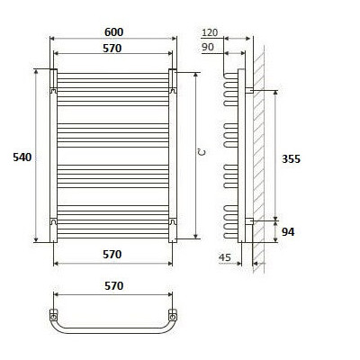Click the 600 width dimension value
click(113, 32)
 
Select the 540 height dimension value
click(22, 157)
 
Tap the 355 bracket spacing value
click(291, 158)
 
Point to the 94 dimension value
click(288, 231)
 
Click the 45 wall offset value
click(225, 257)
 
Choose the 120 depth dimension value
click(210, 32)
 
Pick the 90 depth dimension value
click(208, 47)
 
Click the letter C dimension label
click(202, 153)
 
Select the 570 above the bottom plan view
click(113, 285)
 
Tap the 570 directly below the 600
click(112, 48)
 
